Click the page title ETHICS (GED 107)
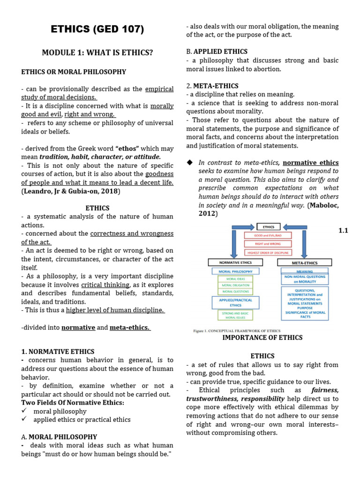click(97, 30)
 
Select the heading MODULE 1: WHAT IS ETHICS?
click(97, 52)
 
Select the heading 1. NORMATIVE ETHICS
click(58, 352)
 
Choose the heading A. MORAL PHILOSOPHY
click(59, 437)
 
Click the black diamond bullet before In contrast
click(190, 162)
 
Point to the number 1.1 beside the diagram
click(343, 231)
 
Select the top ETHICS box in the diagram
click(268, 227)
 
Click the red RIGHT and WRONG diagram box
click(268, 244)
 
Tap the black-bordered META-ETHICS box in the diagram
click(304, 262)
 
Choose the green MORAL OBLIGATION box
click(236, 285)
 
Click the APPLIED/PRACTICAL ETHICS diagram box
click(236, 302)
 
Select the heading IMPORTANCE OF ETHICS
click(262, 337)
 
